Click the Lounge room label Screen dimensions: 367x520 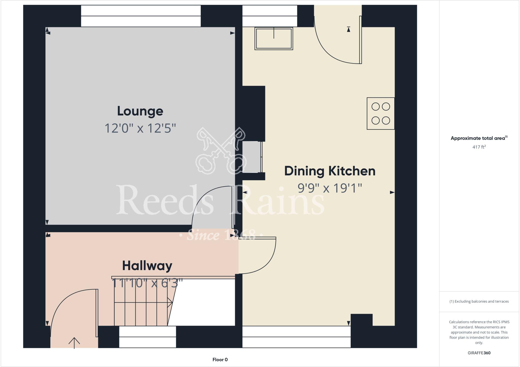tap(140, 111)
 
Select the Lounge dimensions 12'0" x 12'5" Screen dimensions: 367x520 tap(140, 128)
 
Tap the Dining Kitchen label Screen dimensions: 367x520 tap(330, 171)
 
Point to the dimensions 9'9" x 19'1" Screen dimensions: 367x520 tap(330, 188)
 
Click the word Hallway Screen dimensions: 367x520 tap(147, 266)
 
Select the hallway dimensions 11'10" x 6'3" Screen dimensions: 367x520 tap(147, 283)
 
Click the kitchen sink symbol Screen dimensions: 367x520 tap(273, 39)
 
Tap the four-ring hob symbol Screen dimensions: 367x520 tap(380, 113)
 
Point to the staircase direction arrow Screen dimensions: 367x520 tap(170, 302)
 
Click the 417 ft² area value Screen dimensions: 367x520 tap(479, 147)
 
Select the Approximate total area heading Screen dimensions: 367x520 tap(479, 138)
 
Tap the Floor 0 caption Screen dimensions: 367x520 tap(220, 360)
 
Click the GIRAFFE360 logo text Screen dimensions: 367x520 tap(479, 353)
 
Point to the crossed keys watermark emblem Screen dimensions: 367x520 tap(221, 151)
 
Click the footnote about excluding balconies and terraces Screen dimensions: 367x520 tap(479, 302)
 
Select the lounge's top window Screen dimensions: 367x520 tap(141, 16)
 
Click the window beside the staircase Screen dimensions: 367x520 tap(147, 337)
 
